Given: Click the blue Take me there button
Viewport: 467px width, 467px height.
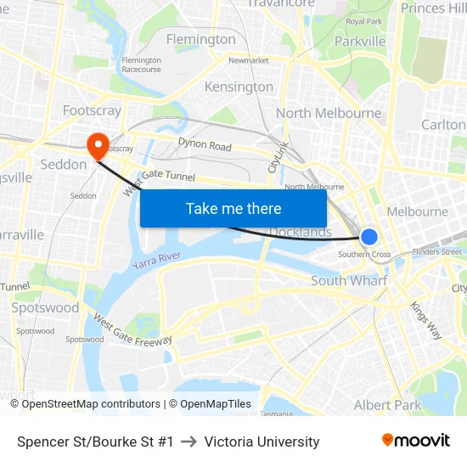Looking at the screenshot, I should [233, 208].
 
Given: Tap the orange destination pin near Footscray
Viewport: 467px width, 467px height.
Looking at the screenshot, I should [98, 144].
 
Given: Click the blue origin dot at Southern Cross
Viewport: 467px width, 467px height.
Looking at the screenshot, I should [369, 237].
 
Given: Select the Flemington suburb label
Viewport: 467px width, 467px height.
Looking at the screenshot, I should [201, 39].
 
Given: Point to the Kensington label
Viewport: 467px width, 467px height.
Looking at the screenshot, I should [239, 87].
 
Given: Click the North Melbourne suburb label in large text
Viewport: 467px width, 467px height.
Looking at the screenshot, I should [329, 113].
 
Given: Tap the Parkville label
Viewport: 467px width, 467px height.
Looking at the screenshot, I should [360, 41].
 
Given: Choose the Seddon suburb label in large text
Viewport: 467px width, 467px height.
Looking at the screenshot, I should [64, 164].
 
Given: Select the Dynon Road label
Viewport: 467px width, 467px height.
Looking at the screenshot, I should [205, 146].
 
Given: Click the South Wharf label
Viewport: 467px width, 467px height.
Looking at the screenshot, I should [349, 280].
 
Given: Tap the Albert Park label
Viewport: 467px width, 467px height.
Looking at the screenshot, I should [387, 405].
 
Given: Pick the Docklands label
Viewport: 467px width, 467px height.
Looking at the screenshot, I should [301, 233].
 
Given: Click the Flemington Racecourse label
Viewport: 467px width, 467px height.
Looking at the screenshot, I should [141, 65].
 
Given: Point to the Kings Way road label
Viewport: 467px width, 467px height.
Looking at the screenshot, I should [426, 319].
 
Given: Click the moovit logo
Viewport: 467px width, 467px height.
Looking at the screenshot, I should [415, 441].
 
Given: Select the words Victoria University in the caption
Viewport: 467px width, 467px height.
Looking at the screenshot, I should [262, 442].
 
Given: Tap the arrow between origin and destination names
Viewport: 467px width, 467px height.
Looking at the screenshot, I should [188, 442].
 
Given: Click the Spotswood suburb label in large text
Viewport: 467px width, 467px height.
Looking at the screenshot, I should [46, 307].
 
